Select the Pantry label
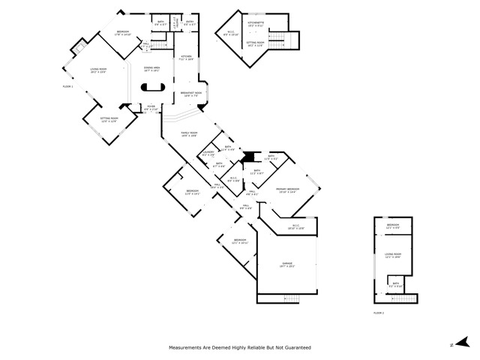click(x=175, y=24)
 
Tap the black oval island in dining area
click(x=151, y=85)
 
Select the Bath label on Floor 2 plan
click(x=395, y=285)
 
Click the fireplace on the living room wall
click(x=79, y=49)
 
